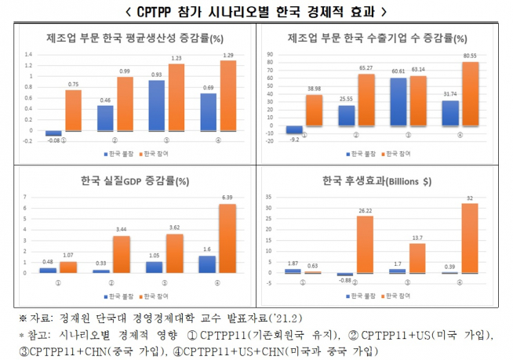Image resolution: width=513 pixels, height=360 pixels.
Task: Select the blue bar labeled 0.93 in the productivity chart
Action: click(x=157, y=105)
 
